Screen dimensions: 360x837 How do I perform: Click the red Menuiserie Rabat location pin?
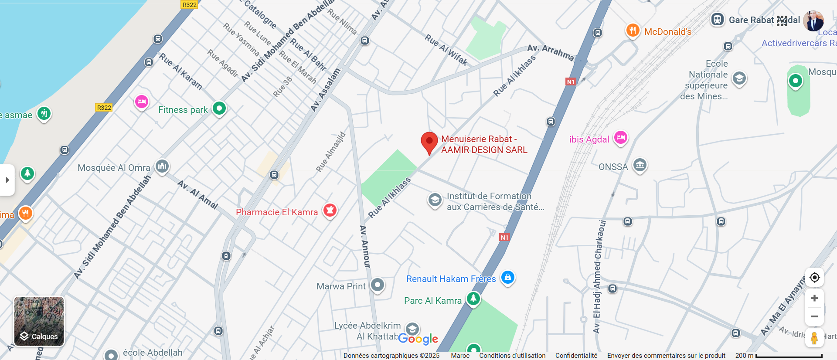coord(429,142)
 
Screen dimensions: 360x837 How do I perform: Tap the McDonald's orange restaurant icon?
coord(633,31)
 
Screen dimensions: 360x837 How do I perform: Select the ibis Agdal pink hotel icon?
coord(621,138)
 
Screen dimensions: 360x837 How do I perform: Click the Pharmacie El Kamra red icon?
coord(330,211)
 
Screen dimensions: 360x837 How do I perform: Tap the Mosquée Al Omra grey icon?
coord(162,166)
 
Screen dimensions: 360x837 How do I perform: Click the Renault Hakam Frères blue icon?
coord(508,277)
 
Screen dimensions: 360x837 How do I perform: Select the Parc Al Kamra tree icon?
coord(473,299)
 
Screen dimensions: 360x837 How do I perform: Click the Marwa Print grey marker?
coord(378,285)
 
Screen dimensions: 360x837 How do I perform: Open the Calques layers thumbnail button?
coord(39,321)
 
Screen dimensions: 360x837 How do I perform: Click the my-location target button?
coord(814,278)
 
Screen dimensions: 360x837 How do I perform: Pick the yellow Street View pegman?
coord(814,338)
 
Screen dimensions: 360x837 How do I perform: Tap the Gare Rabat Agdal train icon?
coord(717,20)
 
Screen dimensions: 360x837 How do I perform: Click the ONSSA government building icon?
coord(640,165)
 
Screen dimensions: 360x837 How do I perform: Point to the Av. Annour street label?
coord(365,246)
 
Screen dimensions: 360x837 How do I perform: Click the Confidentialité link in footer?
coord(576,356)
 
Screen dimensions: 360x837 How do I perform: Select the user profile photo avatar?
coord(813,20)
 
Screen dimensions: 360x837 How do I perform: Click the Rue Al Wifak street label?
coord(446,51)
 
